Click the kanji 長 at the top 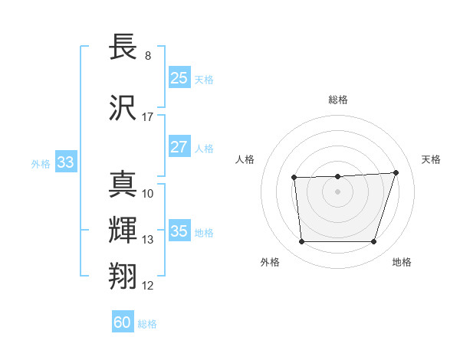point(124,47)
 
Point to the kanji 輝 point(124,230)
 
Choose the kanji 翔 point(124,275)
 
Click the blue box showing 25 point(179,78)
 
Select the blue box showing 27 point(179,147)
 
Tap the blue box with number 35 point(179,231)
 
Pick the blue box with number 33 point(65,162)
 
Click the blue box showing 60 point(123,322)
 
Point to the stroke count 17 point(148,117)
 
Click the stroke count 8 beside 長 point(148,56)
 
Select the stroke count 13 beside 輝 point(148,240)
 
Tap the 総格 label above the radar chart point(338,100)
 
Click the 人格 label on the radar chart point(245,159)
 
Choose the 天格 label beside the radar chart point(431,159)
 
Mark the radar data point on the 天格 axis point(396,172)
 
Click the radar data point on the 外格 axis point(301,242)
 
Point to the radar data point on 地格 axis point(374,242)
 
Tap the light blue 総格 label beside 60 point(147,324)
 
